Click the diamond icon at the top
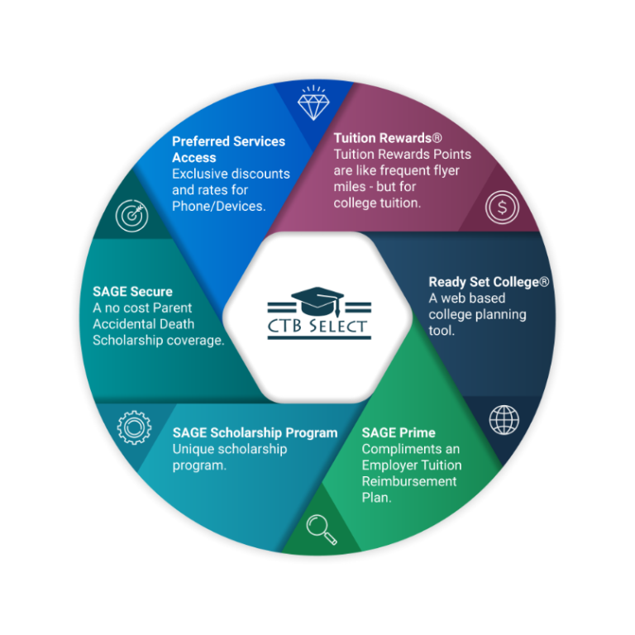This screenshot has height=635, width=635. point(312,103)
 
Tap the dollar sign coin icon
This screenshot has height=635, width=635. point(502,207)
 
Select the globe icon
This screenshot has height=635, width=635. point(504,419)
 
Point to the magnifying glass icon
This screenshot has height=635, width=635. point(321,529)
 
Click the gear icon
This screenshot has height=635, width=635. point(133,427)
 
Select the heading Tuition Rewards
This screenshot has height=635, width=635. point(383,138)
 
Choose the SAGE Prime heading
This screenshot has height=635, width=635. point(399,432)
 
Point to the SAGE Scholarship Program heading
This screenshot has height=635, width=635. point(255,432)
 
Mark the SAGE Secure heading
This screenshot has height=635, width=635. point(132,291)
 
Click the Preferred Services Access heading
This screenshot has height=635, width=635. point(228,149)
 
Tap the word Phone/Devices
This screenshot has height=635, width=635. point(218,206)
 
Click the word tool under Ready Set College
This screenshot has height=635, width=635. point(441,331)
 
